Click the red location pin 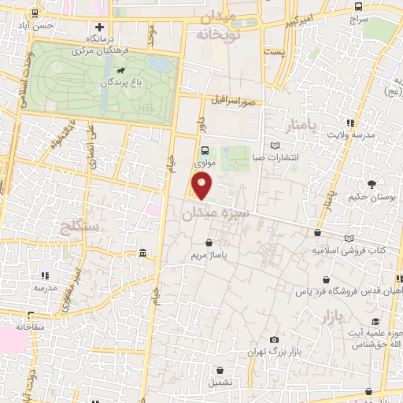click(202, 186)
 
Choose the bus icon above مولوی click(205, 151)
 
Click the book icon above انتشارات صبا click(274, 145)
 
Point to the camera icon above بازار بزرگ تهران click(274, 339)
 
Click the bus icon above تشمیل click(220, 368)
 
